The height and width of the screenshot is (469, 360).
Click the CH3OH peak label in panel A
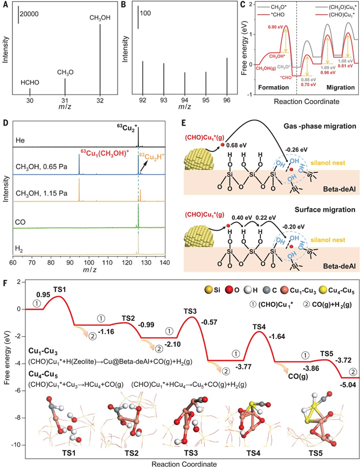point(100,17)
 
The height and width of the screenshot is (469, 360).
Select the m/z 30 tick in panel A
point(30,101)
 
